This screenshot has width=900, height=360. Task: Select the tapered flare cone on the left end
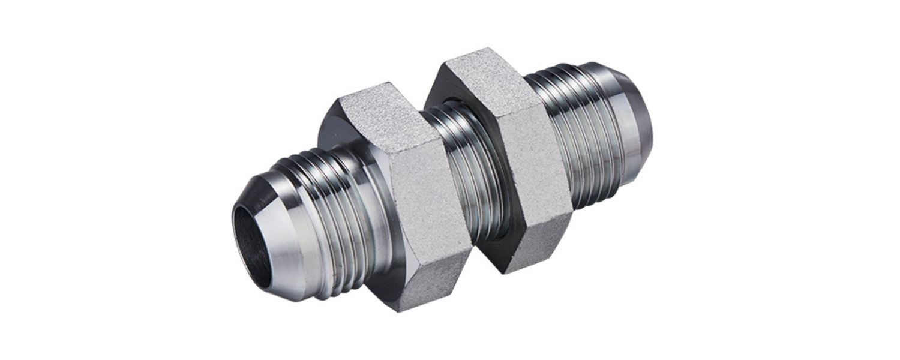pyautogui.click(x=282, y=240)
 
